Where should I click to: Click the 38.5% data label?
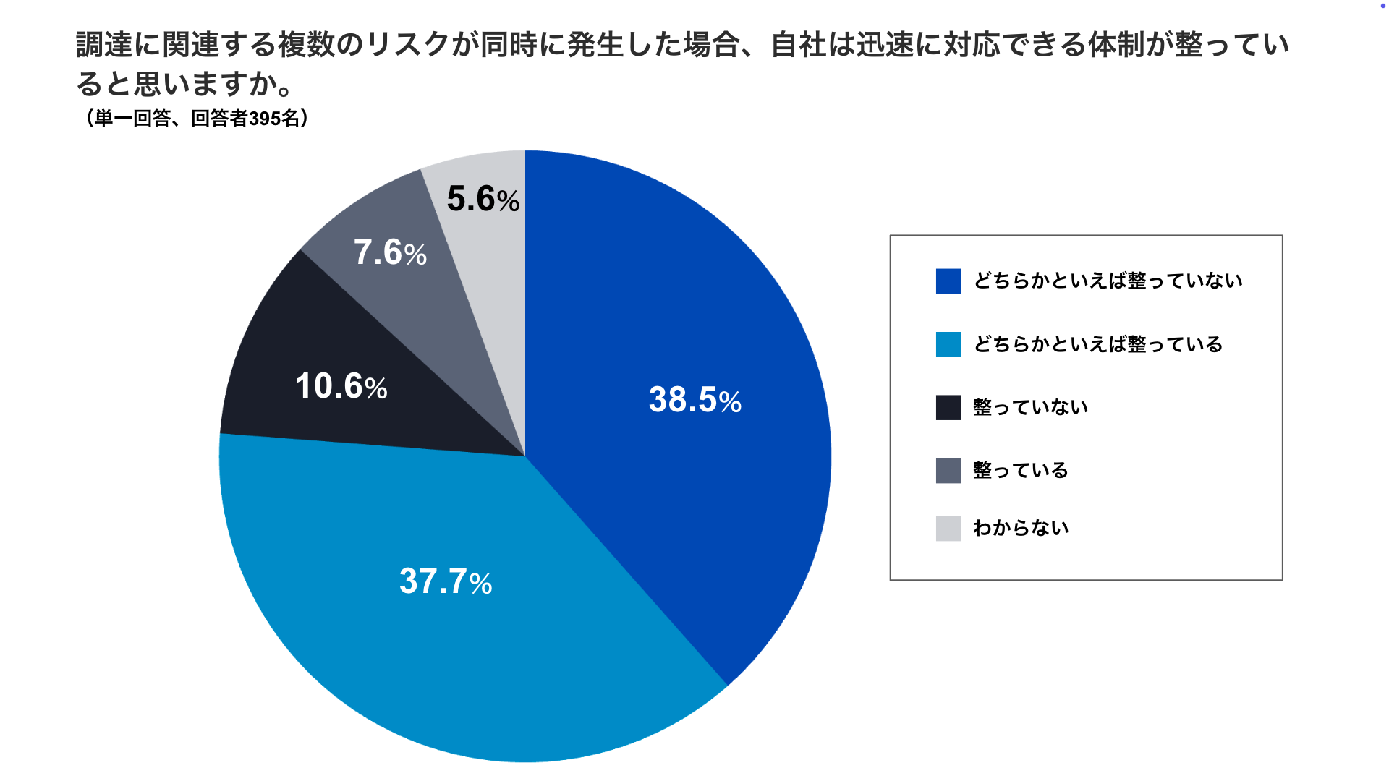click(694, 400)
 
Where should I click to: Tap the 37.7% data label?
click(445, 581)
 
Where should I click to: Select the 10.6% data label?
click(341, 386)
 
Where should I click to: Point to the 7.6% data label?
click(390, 252)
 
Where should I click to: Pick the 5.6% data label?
click(483, 199)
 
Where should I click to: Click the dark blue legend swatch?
click(948, 281)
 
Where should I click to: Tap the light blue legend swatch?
click(948, 344)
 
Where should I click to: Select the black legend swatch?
click(948, 407)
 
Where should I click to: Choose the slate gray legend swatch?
click(948, 471)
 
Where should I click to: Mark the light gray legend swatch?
click(948, 529)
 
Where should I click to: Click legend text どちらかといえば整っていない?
click(1108, 281)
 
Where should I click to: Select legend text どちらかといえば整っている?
click(1097, 344)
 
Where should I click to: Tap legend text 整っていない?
click(1030, 407)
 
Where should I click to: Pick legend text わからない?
click(1021, 528)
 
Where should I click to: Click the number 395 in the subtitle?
click(265, 119)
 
